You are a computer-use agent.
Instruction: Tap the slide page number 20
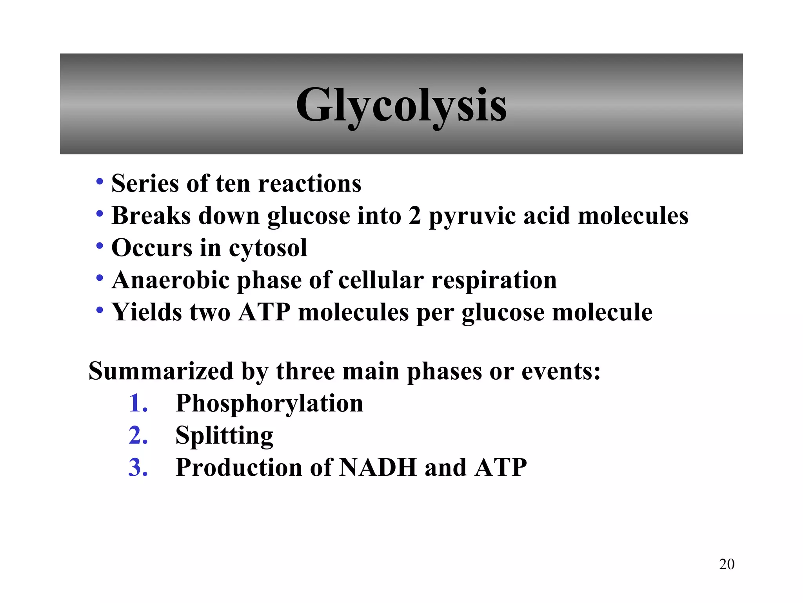coord(727,564)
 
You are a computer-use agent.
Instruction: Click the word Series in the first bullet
coord(145,183)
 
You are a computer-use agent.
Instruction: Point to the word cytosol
coord(268,248)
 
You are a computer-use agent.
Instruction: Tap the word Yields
coord(147,312)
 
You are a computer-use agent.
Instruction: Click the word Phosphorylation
coord(269,404)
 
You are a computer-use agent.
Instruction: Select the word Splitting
coord(224,436)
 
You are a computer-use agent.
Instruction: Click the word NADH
coord(378,468)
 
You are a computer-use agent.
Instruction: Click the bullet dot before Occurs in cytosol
coord(100,247)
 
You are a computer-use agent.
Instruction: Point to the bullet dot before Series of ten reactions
coord(100,182)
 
